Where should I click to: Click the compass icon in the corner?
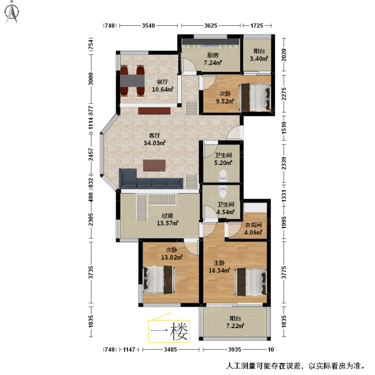(x=12, y=12)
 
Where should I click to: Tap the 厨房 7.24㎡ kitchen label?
(x=213, y=59)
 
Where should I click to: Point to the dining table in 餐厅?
(x=132, y=81)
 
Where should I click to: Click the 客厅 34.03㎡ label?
(x=154, y=139)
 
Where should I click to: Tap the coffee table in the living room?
(x=154, y=165)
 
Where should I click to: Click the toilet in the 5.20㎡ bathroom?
(x=223, y=175)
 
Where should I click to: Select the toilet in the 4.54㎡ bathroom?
(x=222, y=191)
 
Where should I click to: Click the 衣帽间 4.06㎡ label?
(x=253, y=229)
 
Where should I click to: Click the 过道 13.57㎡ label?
(x=167, y=219)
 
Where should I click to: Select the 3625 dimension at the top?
(x=211, y=26)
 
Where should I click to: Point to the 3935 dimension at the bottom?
(x=234, y=349)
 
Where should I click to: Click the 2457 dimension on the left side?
(x=91, y=154)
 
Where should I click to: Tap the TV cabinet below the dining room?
(x=154, y=111)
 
